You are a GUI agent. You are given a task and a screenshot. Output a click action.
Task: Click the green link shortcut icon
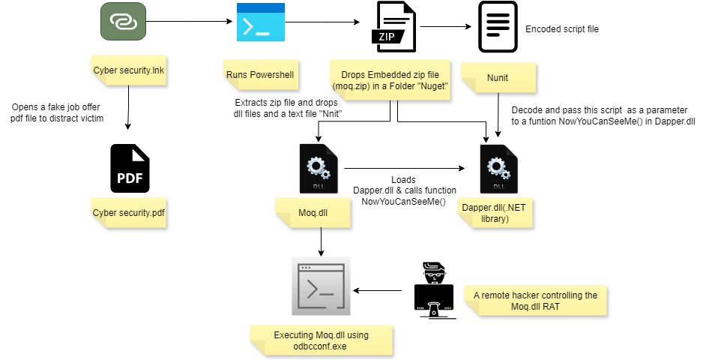click(x=123, y=21)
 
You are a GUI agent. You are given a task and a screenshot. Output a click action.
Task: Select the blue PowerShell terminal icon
click(x=261, y=22)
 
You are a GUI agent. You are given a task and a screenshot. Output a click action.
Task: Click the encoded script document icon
click(x=498, y=27)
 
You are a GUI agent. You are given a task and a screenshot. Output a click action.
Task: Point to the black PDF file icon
click(x=130, y=168)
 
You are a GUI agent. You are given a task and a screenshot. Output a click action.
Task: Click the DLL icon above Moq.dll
click(x=319, y=169)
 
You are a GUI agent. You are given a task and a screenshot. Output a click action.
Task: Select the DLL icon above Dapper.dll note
click(x=498, y=169)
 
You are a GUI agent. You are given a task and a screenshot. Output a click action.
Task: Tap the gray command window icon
click(x=321, y=286)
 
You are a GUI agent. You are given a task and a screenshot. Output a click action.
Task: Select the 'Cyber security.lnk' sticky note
click(x=128, y=70)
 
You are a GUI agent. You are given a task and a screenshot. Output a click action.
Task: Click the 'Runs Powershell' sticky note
click(x=261, y=74)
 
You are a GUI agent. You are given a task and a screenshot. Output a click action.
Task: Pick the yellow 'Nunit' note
click(x=498, y=78)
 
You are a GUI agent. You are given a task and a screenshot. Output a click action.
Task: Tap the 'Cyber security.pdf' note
click(x=128, y=213)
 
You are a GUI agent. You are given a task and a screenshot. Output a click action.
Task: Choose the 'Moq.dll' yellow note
click(x=313, y=213)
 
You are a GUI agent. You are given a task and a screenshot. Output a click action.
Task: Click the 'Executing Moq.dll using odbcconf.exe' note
click(x=321, y=340)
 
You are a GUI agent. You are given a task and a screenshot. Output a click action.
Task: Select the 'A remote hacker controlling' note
click(x=535, y=301)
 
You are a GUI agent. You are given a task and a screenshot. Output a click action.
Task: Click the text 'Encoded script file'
click(x=561, y=29)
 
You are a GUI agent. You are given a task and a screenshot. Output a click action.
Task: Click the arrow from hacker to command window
click(x=377, y=290)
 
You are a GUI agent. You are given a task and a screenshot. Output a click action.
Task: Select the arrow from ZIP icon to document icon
click(x=446, y=27)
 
